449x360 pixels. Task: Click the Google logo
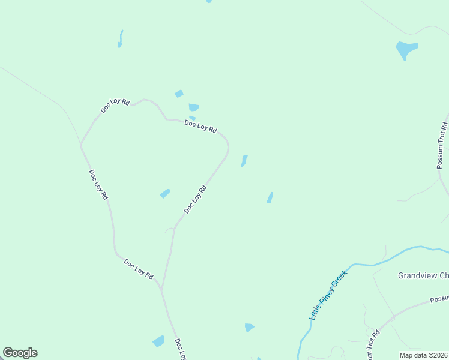point(20,353)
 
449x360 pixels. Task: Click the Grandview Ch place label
point(423,276)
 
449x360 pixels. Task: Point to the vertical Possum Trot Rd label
point(443,146)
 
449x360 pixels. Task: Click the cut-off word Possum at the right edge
point(439,299)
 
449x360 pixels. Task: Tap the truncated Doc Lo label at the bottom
point(179,349)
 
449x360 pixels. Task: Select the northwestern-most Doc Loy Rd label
point(115,106)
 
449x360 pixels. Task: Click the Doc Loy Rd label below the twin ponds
point(200,126)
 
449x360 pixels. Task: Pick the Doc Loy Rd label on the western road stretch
point(98,184)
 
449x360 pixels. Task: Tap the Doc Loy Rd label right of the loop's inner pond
point(195,199)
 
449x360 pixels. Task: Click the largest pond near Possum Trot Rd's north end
point(406,49)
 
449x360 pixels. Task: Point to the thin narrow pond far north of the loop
point(121,39)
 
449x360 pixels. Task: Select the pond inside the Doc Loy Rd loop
point(164,193)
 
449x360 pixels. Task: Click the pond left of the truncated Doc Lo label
point(158,341)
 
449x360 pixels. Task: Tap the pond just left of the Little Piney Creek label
point(249,327)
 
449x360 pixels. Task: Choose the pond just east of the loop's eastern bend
point(244,161)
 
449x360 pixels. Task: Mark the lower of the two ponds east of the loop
point(270,197)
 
